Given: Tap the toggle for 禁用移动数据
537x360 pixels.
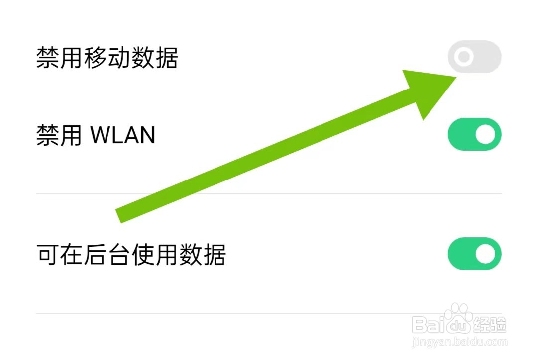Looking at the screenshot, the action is pyautogui.click(x=474, y=57).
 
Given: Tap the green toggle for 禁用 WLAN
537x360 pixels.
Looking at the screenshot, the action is pyautogui.click(x=474, y=134).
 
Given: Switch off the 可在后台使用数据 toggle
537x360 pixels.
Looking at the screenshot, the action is pyautogui.click(x=474, y=254).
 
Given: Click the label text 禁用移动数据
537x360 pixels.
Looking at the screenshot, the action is pyautogui.click(x=107, y=59).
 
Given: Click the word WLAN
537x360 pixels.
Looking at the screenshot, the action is pyautogui.click(x=122, y=135).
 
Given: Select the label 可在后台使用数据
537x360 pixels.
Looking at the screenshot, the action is pyautogui.click(x=131, y=255).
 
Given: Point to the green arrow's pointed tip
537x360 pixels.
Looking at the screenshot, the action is pyautogui.click(x=455, y=78).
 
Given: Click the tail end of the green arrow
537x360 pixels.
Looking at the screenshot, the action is pyautogui.click(x=119, y=215).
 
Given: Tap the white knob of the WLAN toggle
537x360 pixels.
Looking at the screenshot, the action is pyautogui.click(x=485, y=134).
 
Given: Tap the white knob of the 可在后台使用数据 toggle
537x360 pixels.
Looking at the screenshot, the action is pyautogui.click(x=485, y=254).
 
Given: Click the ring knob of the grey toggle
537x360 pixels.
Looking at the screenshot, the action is pyautogui.click(x=464, y=57).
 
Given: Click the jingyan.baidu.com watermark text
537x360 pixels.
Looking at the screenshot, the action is pyautogui.click(x=457, y=342).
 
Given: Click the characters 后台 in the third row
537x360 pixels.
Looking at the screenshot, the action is pyautogui.click(x=107, y=255).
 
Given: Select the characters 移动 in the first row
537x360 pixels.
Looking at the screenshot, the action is pyautogui.click(x=107, y=59).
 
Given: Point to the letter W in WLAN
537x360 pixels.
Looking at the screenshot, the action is pyautogui.click(x=101, y=135).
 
